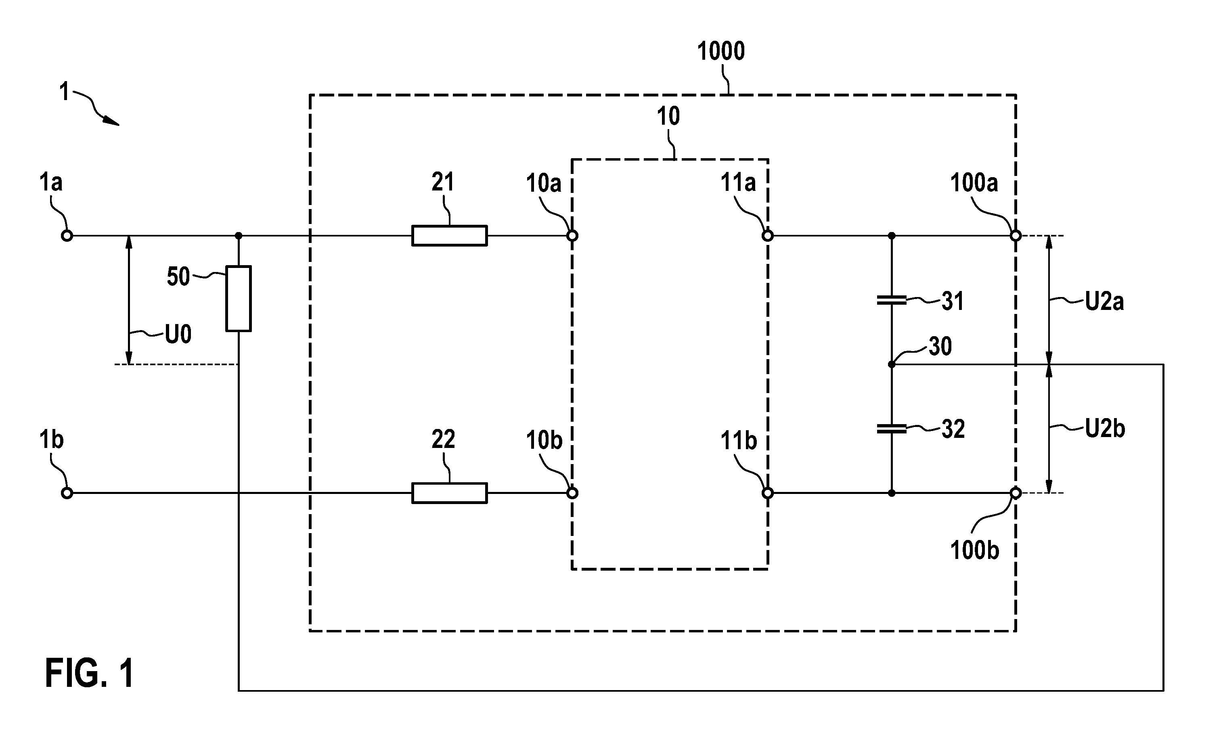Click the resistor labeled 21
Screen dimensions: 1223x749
click(449, 236)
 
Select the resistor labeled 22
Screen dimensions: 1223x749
click(449, 493)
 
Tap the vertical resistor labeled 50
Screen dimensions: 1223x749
click(238, 298)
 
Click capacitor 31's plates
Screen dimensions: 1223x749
click(892, 300)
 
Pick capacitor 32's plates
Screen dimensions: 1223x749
click(892, 428)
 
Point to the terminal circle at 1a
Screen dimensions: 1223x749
click(67, 236)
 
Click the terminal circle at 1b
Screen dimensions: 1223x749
click(67, 493)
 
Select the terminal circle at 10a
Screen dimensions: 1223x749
click(572, 236)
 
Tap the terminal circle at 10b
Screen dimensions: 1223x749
click(572, 493)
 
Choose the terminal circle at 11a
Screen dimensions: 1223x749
click(768, 236)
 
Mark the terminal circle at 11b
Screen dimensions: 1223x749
click(768, 493)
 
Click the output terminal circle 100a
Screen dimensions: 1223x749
click(1016, 236)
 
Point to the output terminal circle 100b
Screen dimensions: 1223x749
click(1016, 493)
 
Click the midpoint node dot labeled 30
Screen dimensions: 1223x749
click(892, 364)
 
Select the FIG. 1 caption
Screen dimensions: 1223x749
click(89, 673)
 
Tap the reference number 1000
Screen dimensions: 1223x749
click(721, 51)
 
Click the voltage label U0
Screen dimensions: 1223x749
click(178, 335)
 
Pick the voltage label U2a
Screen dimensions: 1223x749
click(1104, 301)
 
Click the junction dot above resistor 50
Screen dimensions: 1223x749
click(238, 235)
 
